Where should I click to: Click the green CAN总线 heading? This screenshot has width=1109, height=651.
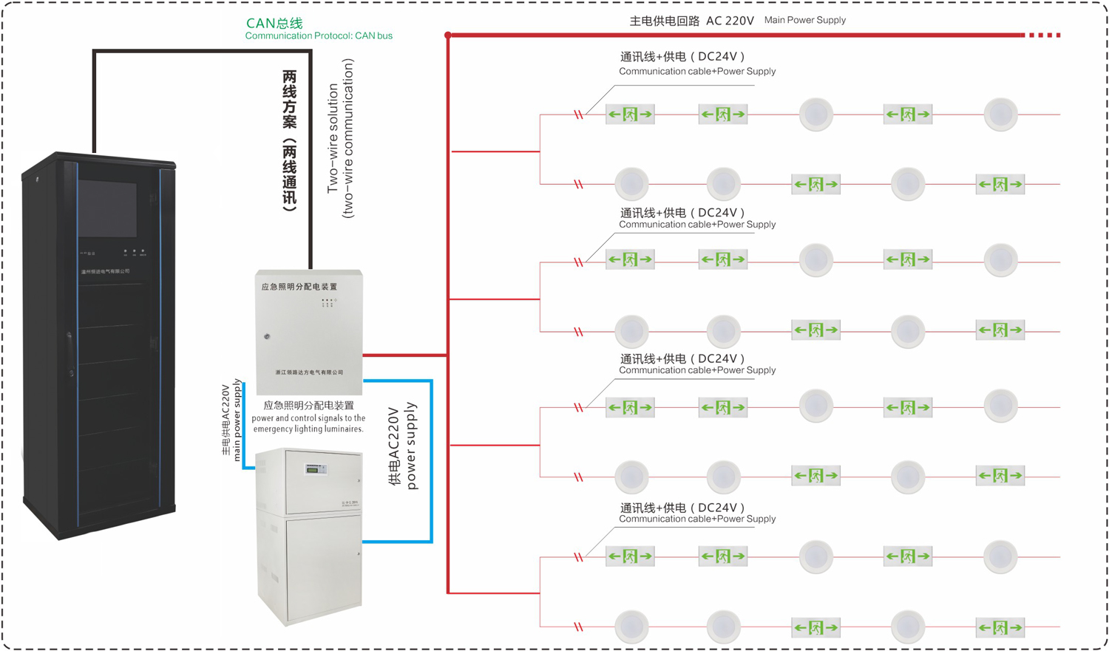[x=274, y=24]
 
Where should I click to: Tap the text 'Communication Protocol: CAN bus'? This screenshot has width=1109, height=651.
[x=319, y=35]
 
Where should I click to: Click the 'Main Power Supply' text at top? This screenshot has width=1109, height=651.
[x=804, y=20]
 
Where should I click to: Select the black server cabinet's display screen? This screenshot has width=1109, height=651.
[x=107, y=208]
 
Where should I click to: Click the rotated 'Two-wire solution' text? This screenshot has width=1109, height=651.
[x=333, y=138]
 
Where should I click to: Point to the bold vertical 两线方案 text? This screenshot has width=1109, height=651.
[x=290, y=140]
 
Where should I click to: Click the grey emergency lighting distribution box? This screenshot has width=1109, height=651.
[x=309, y=332]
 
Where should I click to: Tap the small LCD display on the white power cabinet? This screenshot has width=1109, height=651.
[x=316, y=469]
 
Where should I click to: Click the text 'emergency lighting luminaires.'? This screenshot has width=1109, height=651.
[x=308, y=429]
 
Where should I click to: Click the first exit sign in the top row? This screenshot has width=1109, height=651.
[x=630, y=115]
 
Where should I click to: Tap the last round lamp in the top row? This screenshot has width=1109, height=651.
[x=1000, y=115]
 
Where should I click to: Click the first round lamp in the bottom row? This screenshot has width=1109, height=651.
[x=631, y=627]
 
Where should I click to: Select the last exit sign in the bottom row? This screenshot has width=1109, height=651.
[x=1000, y=627]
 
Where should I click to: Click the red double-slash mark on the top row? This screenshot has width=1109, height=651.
[x=579, y=115]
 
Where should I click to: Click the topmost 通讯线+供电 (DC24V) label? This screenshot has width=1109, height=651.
[x=682, y=57]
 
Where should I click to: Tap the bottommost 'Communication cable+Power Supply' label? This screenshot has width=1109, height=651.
[x=697, y=519]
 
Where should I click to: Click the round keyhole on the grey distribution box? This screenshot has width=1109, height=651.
[x=267, y=336]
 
